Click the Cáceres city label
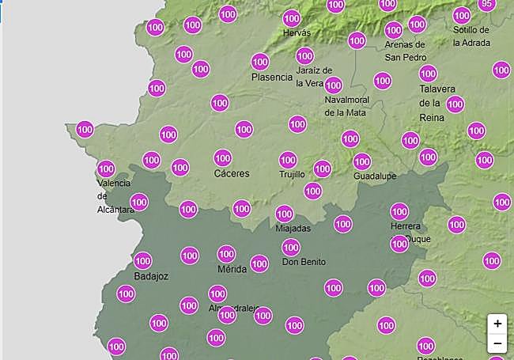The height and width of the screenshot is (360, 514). click(x=232, y=173)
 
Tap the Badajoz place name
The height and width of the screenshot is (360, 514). click(x=151, y=276)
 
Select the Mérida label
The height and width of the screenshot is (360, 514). click(x=232, y=269)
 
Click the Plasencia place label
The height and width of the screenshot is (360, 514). click(x=272, y=77)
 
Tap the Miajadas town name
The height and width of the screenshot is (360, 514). click(x=293, y=229)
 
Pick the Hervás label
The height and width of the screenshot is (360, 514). click(x=297, y=32)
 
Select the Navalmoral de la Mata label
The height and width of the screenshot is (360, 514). click(x=346, y=106)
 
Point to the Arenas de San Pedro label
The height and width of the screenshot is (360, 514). click(x=405, y=51)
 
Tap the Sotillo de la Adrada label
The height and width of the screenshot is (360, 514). click(x=471, y=36)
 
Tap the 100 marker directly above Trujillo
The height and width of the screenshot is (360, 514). click(x=288, y=160)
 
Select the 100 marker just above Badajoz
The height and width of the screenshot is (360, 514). click(x=143, y=260)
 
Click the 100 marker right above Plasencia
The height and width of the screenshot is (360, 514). click(x=260, y=62)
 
